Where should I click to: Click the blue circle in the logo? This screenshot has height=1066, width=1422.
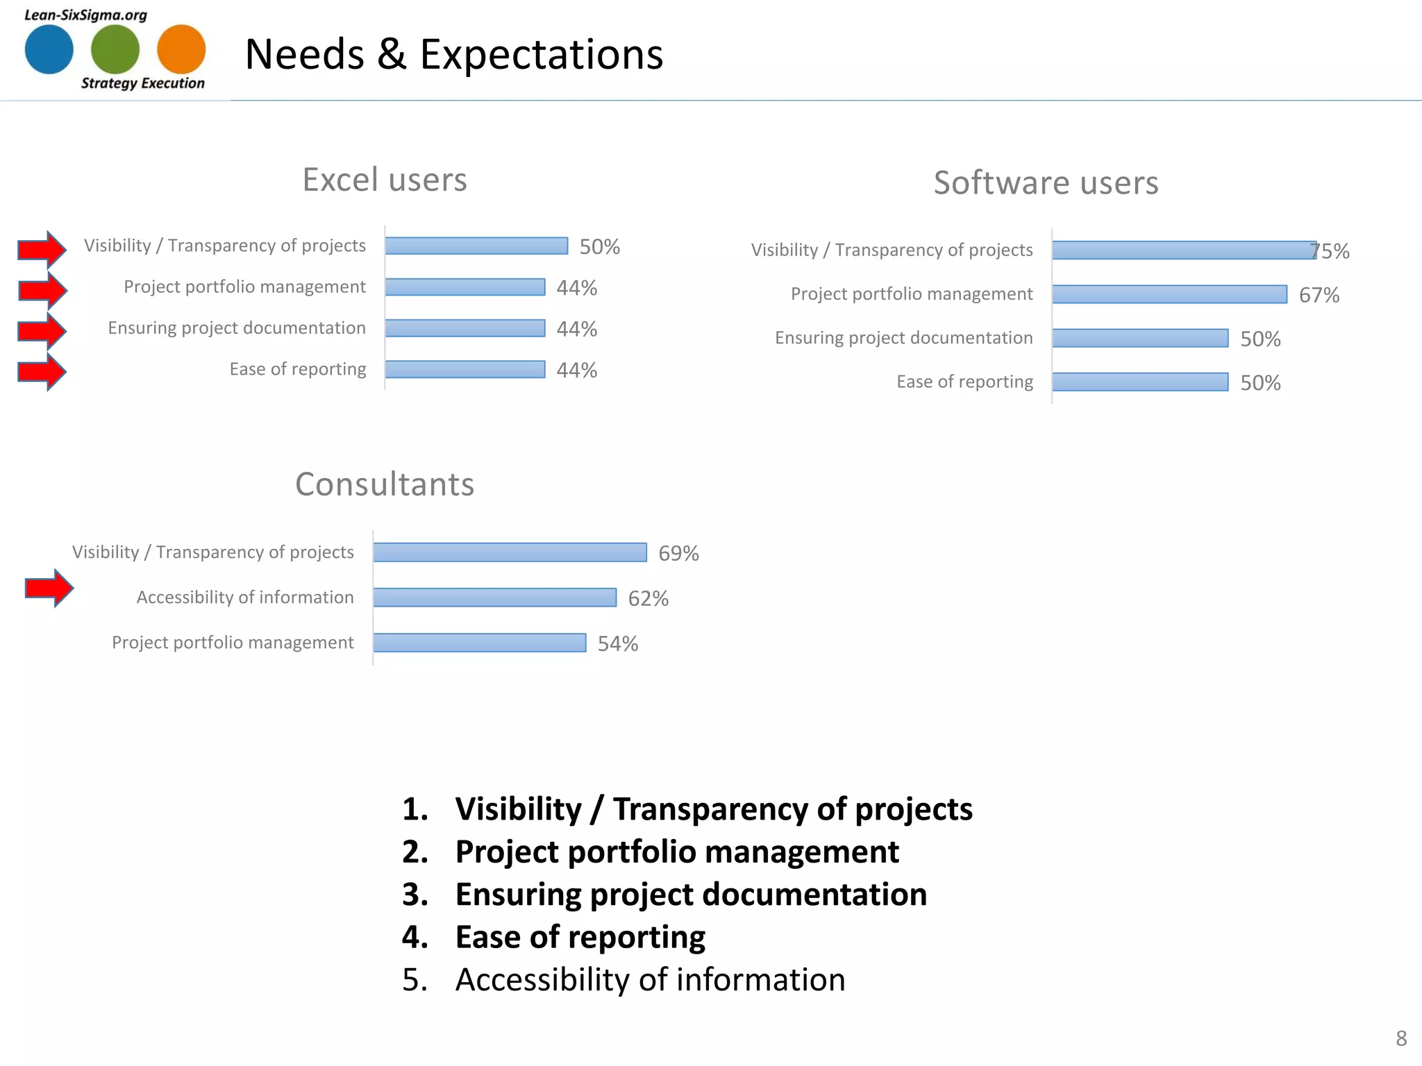(x=49, y=49)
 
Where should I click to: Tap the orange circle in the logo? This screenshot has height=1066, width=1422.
(x=181, y=49)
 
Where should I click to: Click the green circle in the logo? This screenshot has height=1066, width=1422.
(x=115, y=49)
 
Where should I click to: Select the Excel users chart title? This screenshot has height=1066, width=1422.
(x=385, y=180)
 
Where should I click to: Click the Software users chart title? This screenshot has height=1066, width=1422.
(x=1046, y=183)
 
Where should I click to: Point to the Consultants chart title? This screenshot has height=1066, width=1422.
(x=385, y=484)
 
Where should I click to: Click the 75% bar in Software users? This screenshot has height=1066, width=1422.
(x=1183, y=251)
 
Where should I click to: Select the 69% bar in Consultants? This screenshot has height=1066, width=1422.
(x=510, y=552)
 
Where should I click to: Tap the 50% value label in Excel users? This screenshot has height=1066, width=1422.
(x=599, y=247)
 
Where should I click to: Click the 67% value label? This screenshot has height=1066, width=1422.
(x=1319, y=296)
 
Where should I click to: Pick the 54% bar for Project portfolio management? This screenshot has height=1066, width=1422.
(x=479, y=643)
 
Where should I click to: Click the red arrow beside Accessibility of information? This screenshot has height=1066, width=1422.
(x=49, y=589)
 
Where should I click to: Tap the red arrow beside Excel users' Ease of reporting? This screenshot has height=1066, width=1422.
(x=42, y=372)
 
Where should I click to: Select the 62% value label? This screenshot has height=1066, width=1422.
(x=648, y=599)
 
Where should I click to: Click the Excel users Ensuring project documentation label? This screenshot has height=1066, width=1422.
(x=237, y=328)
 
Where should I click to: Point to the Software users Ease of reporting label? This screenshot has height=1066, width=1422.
(x=964, y=382)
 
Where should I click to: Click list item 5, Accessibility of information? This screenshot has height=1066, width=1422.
(x=650, y=980)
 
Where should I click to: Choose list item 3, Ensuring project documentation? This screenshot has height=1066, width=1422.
(x=690, y=895)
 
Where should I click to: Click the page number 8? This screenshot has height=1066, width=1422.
(x=1400, y=1038)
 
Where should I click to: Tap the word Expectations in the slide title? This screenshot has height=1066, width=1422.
(x=542, y=55)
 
